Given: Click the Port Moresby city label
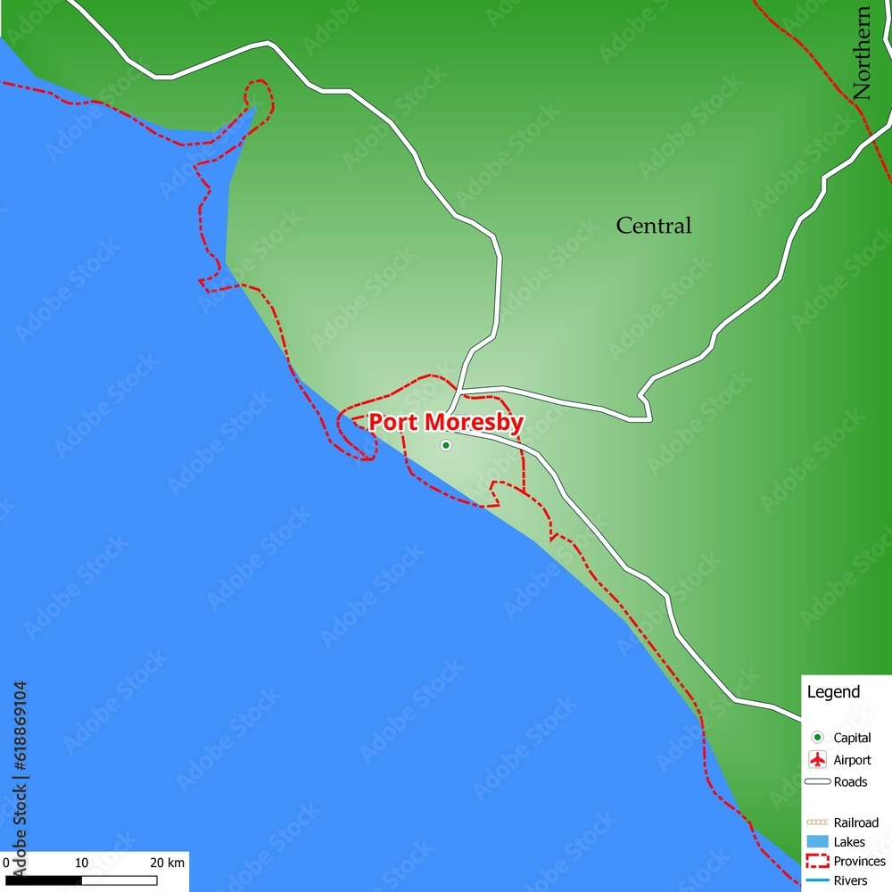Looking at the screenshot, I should point(446,422).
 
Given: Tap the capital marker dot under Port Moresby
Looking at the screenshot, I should point(446,445).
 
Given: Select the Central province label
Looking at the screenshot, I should point(654,226).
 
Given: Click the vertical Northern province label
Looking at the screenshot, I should point(862,54).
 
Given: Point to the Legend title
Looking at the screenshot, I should point(833,691).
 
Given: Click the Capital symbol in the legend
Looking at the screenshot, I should point(817,738).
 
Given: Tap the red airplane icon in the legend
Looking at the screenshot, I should point(817,760).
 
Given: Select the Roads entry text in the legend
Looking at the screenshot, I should point(850,782).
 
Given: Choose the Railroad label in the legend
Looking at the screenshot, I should point(855,822).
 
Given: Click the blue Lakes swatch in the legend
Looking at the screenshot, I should point(817,841).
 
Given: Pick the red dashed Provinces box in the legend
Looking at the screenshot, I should point(817,861).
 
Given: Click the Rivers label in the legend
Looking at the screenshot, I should point(850,881).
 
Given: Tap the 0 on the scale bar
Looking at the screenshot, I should point(5,863).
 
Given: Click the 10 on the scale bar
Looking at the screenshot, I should point(81,863).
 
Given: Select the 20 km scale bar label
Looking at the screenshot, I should point(167,863).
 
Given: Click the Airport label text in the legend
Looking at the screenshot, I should point(852,760).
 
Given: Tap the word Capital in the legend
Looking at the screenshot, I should point(852,738).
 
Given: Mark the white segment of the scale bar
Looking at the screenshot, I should point(119,880).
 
